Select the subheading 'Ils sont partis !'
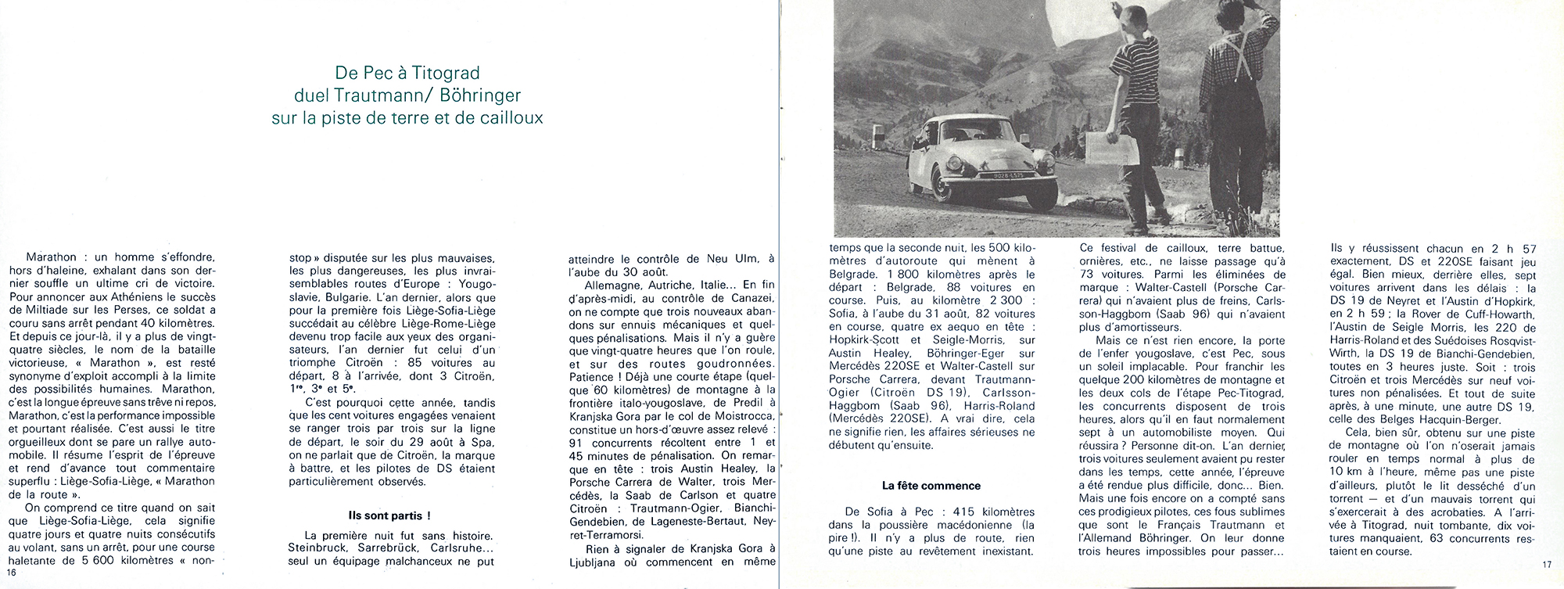(389, 515)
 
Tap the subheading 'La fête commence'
(931, 485)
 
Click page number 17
(1546, 564)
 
